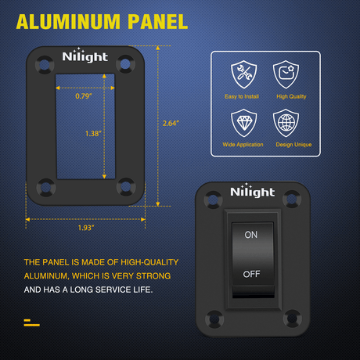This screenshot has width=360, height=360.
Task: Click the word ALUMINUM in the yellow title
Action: (x=68, y=22)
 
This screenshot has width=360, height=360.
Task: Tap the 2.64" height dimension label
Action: (x=171, y=123)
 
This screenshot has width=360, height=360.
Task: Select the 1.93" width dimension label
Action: (x=86, y=228)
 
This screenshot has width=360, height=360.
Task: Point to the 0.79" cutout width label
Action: (x=84, y=96)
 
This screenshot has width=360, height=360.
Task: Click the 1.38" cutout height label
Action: (x=93, y=134)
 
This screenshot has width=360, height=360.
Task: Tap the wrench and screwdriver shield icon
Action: (x=243, y=74)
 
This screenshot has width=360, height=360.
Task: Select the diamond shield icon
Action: (x=243, y=123)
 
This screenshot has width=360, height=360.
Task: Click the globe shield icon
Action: (x=286, y=123)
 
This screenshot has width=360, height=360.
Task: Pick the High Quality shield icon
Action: (x=286, y=74)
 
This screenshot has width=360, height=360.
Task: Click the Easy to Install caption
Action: (x=242, y=96)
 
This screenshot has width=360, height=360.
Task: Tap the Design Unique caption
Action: (x=293, y=145)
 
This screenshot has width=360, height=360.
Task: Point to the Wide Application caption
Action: (x=243, y=145)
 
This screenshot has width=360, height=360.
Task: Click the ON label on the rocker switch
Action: (x=251, y=235)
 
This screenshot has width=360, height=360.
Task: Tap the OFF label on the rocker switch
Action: (x=251, y=274)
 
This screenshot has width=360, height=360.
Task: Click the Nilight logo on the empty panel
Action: (x=85, y=56)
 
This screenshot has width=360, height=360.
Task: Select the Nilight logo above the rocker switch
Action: (x=252, y=191)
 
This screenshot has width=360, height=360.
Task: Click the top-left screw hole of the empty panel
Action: (x=45, y=64)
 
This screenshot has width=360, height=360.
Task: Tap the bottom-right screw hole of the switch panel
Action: (x=293, y=318)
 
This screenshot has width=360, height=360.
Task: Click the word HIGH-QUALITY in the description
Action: (x=149, y=262)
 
